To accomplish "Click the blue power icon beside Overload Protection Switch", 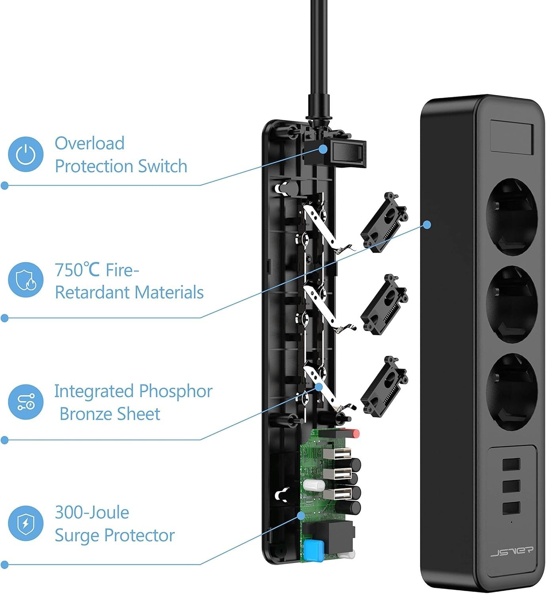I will [26, 154].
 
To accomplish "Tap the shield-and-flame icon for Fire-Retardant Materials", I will [26, 280].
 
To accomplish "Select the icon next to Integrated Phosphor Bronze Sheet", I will [26, 402].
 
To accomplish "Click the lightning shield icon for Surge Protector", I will [26, 524].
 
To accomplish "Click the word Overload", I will [89, 143].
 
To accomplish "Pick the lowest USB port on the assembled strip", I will [512, 508].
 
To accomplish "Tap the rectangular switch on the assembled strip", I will [512, 137].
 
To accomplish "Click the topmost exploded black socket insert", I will [383, 223].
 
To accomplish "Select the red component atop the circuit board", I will [356, 434].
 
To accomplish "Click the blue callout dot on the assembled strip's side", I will [427, 225].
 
